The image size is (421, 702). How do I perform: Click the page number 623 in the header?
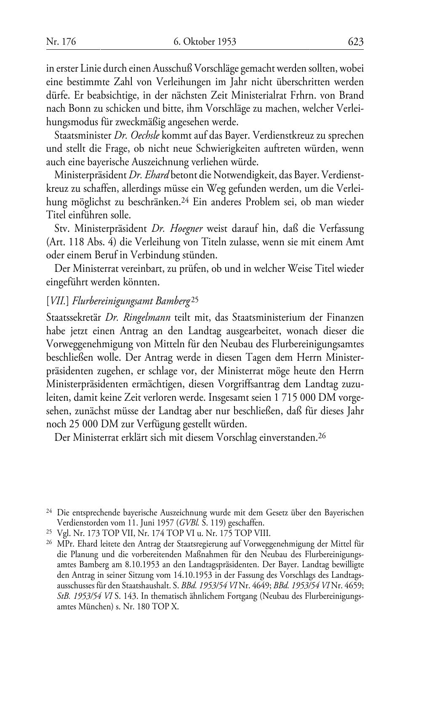pyautogui.click(x=355, y=42)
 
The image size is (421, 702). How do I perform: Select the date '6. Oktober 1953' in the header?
pyautogui.click(x=205, y=42)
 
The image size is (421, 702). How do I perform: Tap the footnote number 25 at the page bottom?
pyautogui.click(x=48, y=532)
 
